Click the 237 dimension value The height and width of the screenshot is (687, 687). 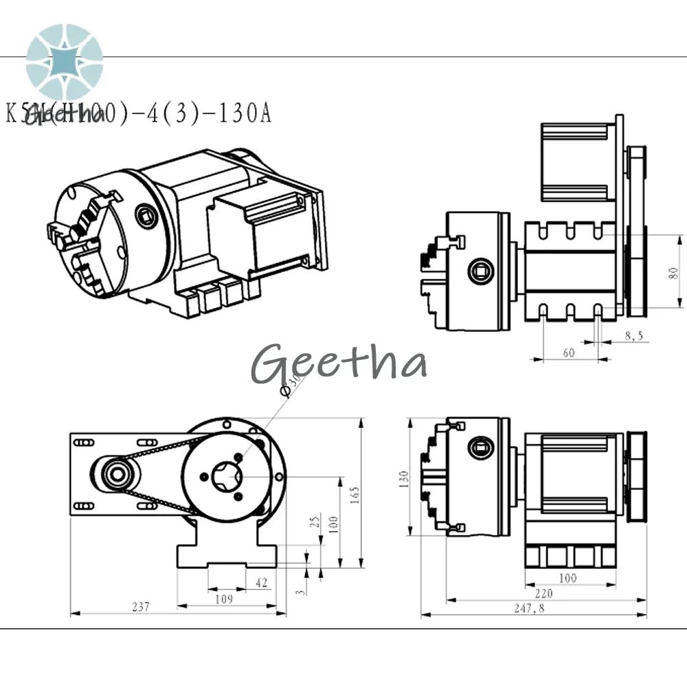[140, 607]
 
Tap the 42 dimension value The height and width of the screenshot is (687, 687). [261, 583]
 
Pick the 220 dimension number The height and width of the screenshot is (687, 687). [543, 593]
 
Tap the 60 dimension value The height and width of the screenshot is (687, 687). [568, 352]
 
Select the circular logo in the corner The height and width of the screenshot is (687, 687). [65, 61]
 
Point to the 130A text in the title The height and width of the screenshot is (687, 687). [245, 113]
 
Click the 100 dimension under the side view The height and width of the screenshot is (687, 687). [567, 578]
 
